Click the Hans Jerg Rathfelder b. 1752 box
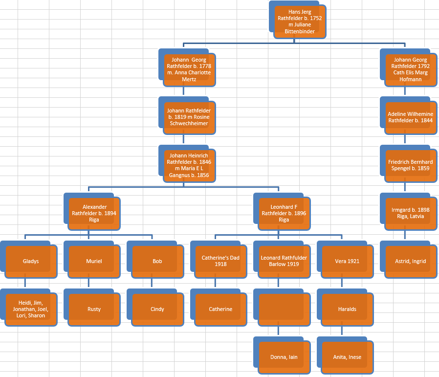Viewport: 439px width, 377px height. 300,22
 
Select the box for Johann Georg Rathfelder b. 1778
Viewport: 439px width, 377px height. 189,69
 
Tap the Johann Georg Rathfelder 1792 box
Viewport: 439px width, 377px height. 410,69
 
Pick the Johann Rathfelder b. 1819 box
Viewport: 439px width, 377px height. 189,117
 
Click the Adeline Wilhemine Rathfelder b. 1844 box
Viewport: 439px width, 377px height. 410,117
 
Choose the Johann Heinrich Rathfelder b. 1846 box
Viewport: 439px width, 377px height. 189,165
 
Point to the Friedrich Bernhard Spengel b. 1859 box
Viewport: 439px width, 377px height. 410,165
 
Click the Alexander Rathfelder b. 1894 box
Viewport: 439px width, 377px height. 94,214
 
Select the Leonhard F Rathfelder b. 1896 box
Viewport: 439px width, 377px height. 284,214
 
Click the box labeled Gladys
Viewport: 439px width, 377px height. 31,261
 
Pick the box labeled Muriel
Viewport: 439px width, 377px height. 94,261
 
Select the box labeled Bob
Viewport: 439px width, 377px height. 157,261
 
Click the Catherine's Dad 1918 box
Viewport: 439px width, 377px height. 220,261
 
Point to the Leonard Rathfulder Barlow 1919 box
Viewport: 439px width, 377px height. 284,261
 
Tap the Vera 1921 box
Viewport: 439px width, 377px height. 347,261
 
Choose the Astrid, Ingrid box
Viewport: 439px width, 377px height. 410,261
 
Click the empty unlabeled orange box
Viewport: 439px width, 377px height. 284,309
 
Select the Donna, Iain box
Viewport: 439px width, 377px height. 284,357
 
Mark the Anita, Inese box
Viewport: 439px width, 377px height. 347,357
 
